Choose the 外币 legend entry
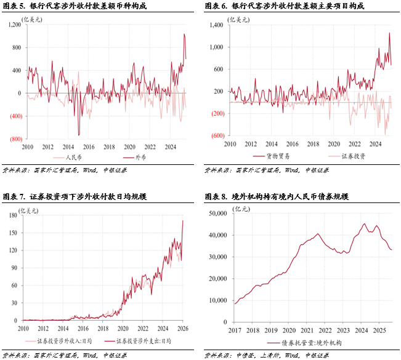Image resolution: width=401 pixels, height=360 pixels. [129, 156]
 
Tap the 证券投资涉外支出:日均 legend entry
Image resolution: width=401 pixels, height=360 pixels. [142, 340]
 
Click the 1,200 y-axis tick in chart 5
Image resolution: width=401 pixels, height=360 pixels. [14, 25]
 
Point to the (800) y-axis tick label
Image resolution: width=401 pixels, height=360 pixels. [15, 139]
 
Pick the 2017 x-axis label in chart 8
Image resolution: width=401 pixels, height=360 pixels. [235, 330]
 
